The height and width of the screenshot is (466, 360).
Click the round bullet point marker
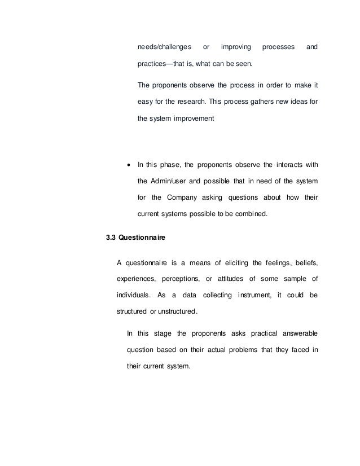click(x=129, y=165)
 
